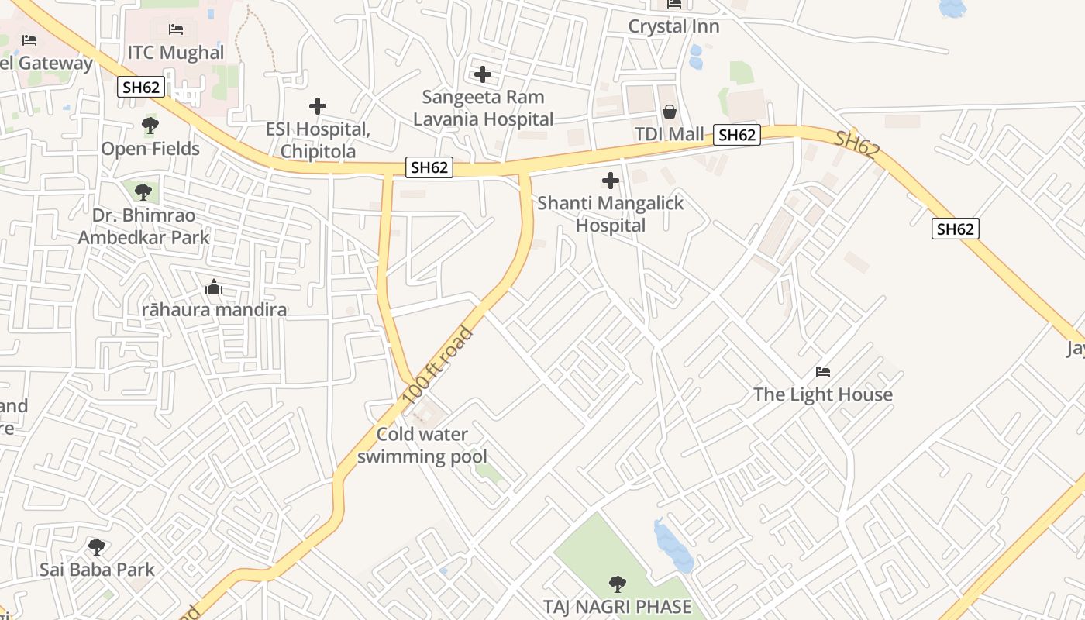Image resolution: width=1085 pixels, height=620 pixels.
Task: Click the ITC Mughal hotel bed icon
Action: [176, 29]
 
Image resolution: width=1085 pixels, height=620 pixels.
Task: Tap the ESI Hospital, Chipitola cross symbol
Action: [317, 106]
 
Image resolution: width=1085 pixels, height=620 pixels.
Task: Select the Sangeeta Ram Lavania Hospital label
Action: [483, 108]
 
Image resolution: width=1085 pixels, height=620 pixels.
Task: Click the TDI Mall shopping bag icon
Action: [670, 112]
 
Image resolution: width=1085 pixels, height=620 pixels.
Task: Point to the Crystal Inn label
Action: [673, 26]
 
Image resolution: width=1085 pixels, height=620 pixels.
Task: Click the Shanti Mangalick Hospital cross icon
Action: [611, 181]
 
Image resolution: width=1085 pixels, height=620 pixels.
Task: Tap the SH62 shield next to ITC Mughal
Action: [141, 87]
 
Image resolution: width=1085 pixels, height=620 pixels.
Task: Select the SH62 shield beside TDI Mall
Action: [736, 135]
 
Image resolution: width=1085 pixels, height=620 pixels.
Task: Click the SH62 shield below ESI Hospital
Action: [429, 167]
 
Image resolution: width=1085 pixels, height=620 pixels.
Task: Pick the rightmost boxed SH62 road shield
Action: [955, 229]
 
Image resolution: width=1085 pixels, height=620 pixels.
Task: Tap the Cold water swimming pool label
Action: [422, 446]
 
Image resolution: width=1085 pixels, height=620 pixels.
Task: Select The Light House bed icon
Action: [823, 372]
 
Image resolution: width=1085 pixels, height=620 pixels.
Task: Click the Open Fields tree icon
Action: [150, 126]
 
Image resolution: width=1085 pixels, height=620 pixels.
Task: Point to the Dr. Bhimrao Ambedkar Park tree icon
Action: [142, 191]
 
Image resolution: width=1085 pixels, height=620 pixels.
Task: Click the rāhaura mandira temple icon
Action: [214, 288]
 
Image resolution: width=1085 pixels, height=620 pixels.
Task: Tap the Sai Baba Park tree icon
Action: [97, 547]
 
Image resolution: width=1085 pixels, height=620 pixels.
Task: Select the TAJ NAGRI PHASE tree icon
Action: [617, 584]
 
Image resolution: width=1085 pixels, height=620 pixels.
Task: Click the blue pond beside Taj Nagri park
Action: [671, 546]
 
